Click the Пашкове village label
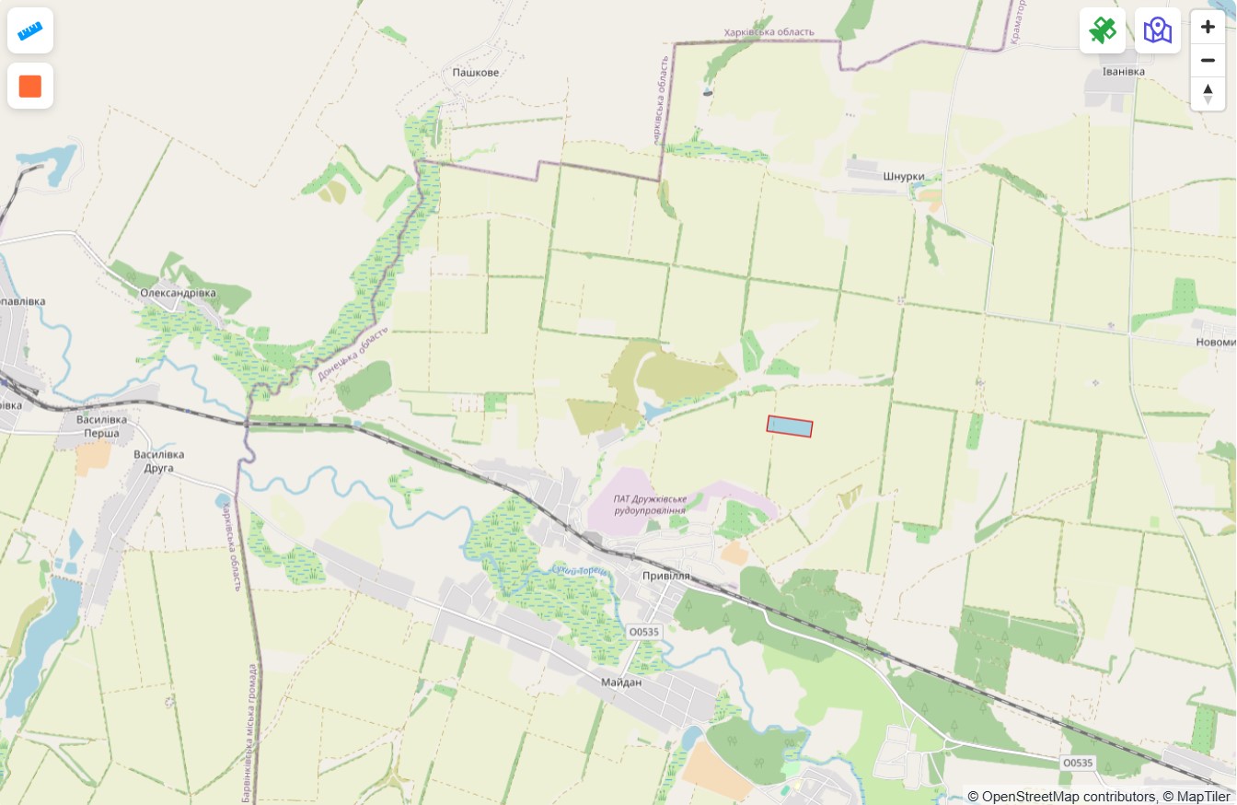[x=476, y=72]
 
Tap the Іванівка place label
[x=1123, y=71]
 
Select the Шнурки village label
[x=902, y=177]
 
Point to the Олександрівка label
[x=178, y=293]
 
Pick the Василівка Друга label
[x=158, y=461]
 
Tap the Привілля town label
[x=665, y=575]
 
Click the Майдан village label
[x=620, y=682]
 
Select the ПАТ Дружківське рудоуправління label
[x=651, y=504]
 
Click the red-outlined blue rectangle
[x=790, y=426]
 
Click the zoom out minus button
[x=1208, y=61]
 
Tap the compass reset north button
[x=1208, y=94]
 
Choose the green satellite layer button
[x=1103, y=30]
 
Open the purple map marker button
[x=1158, y=30]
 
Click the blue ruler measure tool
[x=30, y=30]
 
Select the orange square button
[x=30, y=86]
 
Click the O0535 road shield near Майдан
[x=643, y=632]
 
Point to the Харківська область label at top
[x=769, y=32]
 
